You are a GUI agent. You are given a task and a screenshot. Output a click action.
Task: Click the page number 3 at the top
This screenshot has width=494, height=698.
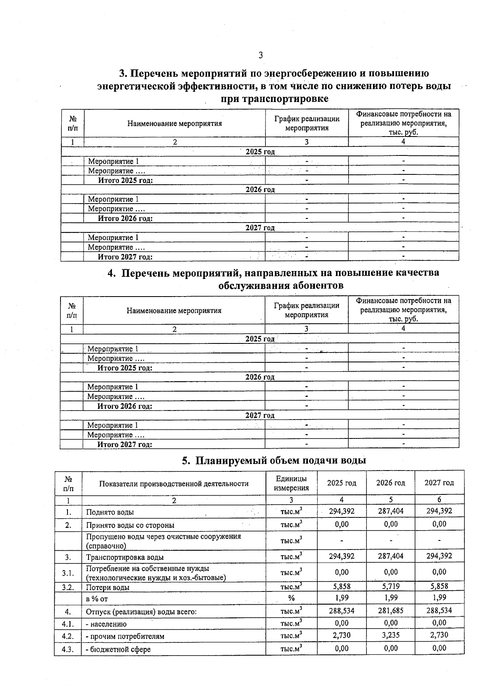click(260, 55)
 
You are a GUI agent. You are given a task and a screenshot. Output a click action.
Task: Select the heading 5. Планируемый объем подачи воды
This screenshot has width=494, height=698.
click(274, 460)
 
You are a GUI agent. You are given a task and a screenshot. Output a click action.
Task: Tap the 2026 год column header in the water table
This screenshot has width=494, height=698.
click(390, 483)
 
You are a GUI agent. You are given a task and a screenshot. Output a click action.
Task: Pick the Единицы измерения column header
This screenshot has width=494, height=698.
click(291, 483)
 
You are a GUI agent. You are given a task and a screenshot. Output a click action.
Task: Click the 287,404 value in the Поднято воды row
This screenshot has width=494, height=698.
click(390, 511)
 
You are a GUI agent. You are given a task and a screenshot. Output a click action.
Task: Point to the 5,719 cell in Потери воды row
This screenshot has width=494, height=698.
click(390, 586)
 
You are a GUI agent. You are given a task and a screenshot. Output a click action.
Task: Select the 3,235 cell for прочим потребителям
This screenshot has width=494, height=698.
click(390, 635)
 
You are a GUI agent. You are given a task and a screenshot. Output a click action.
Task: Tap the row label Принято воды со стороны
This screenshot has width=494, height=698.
click(130, 525)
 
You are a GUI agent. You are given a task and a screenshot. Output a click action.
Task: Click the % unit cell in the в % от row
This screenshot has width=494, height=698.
click(291, 598)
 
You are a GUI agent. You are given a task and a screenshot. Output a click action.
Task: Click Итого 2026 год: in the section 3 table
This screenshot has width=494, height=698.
click(125, 218)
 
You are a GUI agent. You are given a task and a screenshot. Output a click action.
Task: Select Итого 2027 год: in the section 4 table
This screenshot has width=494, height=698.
click(125, 445)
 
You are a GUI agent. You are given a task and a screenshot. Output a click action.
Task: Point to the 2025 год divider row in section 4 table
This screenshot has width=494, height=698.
click(260, 339)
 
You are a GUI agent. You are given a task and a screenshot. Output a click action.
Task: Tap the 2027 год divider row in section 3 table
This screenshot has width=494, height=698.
click(260, 228)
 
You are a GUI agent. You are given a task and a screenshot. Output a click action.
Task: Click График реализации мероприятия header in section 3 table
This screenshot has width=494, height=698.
click(307, 123)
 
